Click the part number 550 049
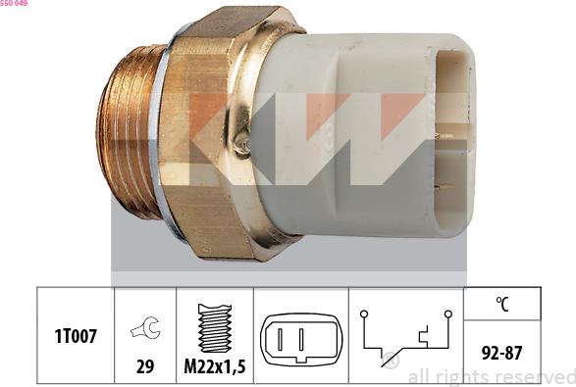click(x=14, y=4)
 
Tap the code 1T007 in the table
click(x=77, y=337)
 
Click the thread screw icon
click(x=214, y=327)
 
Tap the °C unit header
click(x=501, y=305)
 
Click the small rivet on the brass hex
click(x=241, y=145)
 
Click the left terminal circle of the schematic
click(x=363, y=314)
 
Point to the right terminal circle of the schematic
click(x=447, y=314)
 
